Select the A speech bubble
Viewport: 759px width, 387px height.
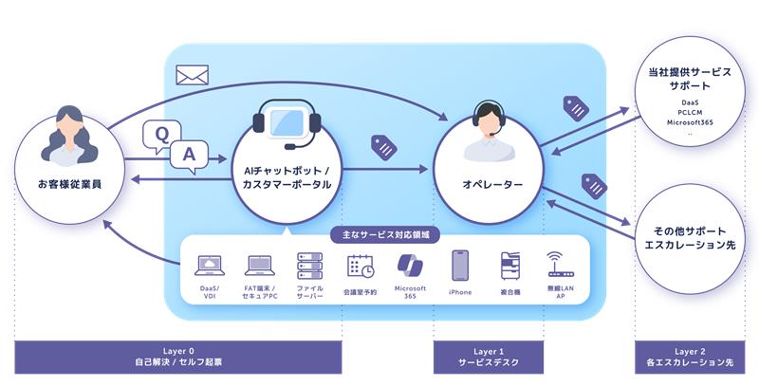(x=189, y=154)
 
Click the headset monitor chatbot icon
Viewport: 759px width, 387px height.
(x=287, y=130)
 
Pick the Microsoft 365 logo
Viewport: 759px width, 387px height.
(x=410, y=264)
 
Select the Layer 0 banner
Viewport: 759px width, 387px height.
(x=177, y=357)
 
